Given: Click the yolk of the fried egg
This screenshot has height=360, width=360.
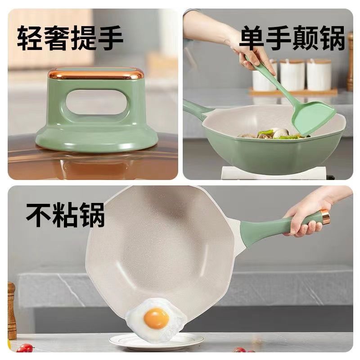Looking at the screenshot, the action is (156, 319).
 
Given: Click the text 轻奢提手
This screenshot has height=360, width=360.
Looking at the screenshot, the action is (70, 38).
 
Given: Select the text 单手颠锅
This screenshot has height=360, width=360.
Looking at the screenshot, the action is (292, 38).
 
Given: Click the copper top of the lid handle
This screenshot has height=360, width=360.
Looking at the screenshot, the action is (96, 73).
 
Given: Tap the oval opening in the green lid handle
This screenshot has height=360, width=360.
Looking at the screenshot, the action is (96, 102).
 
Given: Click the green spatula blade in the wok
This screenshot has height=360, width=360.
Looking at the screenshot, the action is (314, 119).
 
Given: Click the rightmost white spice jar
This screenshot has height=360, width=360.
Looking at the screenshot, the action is (319, 75).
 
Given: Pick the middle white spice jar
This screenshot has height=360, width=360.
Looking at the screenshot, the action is (292, 75).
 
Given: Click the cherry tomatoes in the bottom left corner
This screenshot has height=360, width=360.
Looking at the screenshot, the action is (26, 347).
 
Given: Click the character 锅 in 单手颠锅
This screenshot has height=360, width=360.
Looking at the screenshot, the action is (333, 38).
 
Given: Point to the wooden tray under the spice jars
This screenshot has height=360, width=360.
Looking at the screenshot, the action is (293, 92).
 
